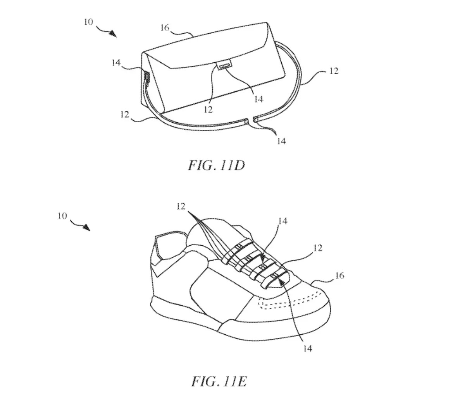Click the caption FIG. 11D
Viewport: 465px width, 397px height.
point(217,166)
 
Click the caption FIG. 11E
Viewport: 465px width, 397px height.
point(219,382)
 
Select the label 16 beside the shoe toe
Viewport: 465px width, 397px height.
point(339,276)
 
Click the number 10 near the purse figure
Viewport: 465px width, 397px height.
point(88,22)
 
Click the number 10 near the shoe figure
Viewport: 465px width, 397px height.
point(62,216)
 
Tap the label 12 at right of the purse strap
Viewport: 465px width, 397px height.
point(333,71)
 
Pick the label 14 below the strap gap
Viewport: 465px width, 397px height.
point(282,141)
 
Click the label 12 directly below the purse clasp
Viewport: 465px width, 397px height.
point(208,110)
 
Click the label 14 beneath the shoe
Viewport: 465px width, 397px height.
point(307,349)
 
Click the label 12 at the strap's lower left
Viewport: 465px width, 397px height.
point(125,115)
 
